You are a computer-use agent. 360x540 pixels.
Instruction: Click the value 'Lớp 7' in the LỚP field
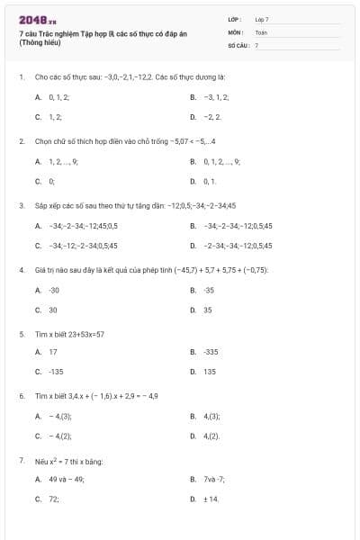click(x=262, y=19)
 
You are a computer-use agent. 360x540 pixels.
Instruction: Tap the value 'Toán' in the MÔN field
click(x=261, y=31)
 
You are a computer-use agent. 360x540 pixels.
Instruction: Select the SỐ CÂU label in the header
click(x=237, y=45)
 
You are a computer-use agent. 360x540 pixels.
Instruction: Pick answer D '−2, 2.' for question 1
click(x=212, y=117)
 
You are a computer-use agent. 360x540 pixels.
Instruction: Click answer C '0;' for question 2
click(x=52, y=182)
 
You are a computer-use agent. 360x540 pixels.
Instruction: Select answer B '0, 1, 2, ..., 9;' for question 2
click(x=221, y=161)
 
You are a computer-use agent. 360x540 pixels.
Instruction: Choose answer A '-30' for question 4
click(x=54, y=290)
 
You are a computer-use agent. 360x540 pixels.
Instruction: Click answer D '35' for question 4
click(x=208, y=310)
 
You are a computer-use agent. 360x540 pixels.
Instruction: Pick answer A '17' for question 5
click(x=53, y=352)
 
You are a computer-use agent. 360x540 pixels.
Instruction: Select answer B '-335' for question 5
click(x=211, y=352)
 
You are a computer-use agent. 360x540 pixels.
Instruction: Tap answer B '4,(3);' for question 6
click(x=212, y=416)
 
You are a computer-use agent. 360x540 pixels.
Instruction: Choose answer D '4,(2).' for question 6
click(x=212, y=436)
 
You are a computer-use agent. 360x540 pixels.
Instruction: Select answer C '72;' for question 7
click(x=54, y=499)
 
